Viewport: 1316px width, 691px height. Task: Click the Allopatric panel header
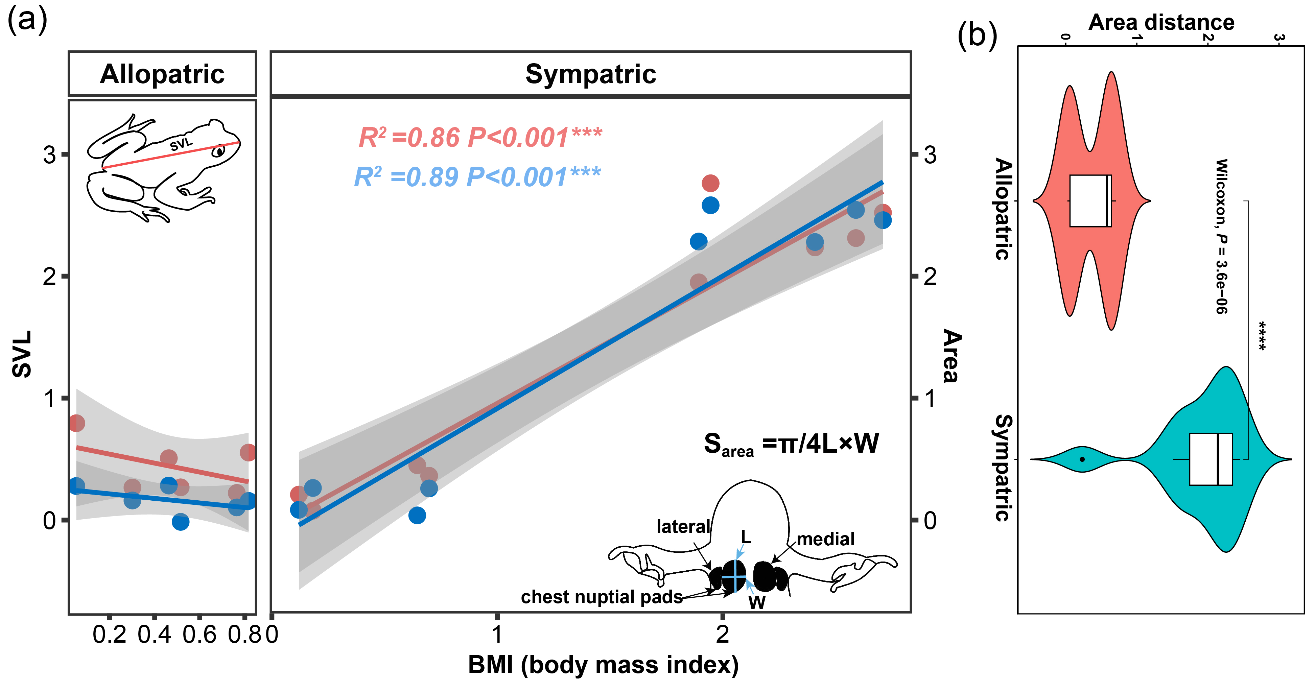162,74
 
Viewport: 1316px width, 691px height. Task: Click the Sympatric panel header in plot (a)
591,74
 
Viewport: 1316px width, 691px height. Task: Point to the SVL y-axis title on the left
22,354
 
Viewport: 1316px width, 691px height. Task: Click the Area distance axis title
1161,22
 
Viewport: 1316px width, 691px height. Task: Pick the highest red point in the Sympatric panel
710,183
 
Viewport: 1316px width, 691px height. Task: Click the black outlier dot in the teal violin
1082,459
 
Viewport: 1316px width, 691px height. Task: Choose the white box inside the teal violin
1211,459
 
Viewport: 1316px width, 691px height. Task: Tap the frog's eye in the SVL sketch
219,151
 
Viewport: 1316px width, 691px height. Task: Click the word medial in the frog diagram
826,539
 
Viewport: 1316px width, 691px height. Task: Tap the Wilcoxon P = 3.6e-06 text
1221,236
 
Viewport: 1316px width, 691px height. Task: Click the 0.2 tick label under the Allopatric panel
109,635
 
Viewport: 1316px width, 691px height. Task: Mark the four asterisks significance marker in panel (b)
1261,336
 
